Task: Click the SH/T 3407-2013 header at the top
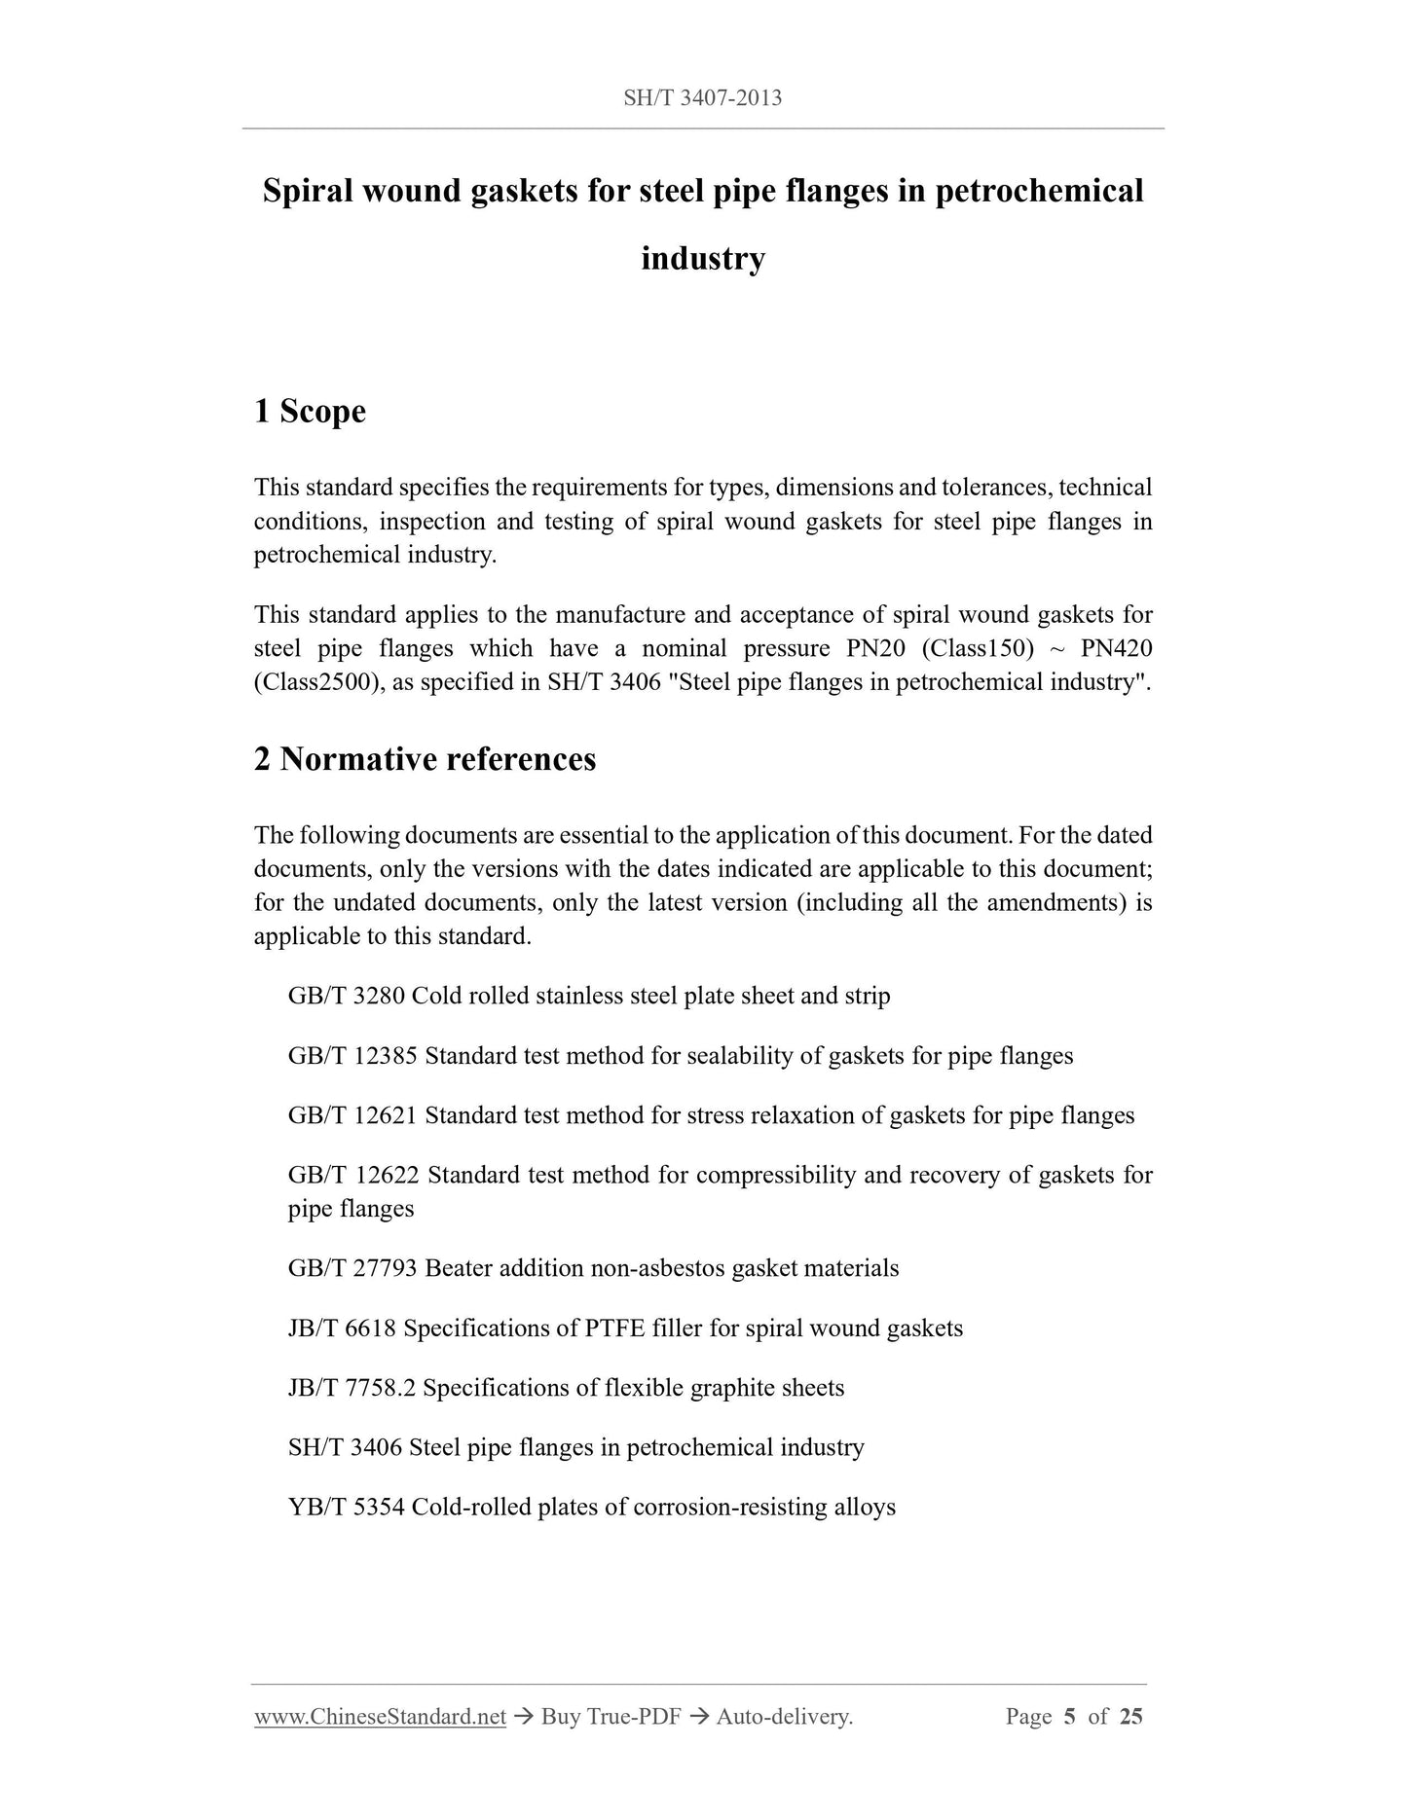click(702, 98)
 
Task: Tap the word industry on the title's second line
click(702, 259)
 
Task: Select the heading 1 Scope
click(310, 412)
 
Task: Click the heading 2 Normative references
click(425, 759)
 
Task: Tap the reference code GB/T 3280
click(346, 997)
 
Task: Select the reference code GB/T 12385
click(352, 1056)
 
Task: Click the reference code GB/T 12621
click(352, 1115)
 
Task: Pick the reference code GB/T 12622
click(353, 1176)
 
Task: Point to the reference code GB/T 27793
click(352, 1269)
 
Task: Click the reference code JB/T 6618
click(342, 1329)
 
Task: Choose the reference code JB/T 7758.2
click(352, 1388)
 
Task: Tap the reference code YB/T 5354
click(346, 1508)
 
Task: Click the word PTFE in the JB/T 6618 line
click(616, 1329)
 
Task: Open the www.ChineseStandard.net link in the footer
click(380, 1717)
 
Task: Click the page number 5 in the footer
click(1069, 1717)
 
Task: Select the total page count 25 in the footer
click(1130, 1717)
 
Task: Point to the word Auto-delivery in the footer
click(784, 1717)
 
